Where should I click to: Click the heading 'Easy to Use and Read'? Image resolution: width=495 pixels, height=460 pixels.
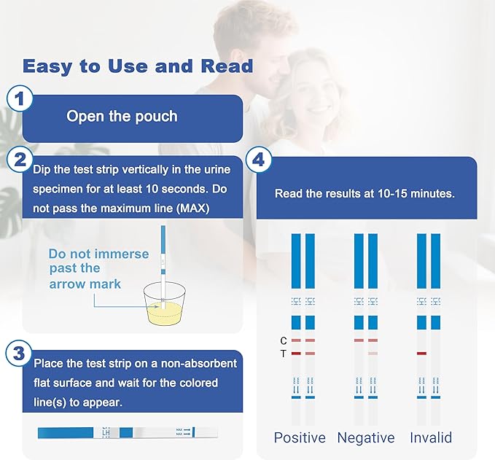point(138,66)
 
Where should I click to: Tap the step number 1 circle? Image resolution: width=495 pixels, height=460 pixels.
point(20,100)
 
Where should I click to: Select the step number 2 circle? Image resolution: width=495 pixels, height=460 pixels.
point(20,160)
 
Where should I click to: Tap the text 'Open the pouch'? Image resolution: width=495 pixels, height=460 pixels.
point(122,116)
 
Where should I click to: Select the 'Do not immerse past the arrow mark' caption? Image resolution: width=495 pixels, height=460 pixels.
point(99,269)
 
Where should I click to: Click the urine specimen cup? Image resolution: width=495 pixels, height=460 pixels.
point(163,311)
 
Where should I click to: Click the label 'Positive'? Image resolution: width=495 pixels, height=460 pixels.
point(300,438)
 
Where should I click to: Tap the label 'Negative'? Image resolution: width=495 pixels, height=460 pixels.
point(365,438)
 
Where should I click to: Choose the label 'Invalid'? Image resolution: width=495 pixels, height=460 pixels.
point(430,438)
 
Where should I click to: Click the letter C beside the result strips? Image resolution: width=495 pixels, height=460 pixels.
point(284,340)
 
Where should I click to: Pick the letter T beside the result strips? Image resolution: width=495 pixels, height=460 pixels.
point(284,354)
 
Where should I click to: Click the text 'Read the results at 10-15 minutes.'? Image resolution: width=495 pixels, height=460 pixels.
point(365,194)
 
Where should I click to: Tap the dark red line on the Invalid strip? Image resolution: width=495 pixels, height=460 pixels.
point(421,354)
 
